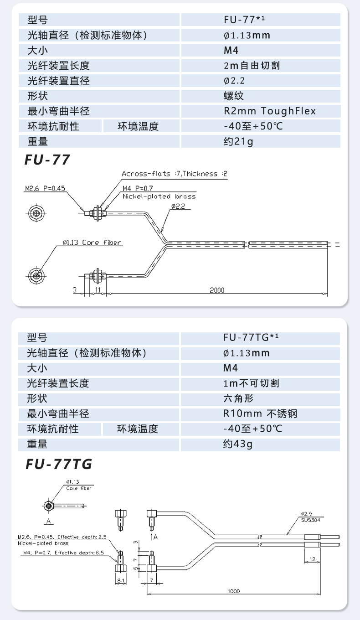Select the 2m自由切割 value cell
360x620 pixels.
[252, 66]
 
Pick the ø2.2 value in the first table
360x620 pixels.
[235, 81]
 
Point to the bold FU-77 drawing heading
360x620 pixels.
[48, 160]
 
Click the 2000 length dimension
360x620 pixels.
[217, 290]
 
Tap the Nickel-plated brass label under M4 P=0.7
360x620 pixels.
[159, 196]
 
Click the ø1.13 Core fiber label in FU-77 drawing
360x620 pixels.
[92, 243]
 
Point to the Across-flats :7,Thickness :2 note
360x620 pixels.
[174, 174]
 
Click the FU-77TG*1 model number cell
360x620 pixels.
[251, 338]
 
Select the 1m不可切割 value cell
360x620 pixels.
[251, 383]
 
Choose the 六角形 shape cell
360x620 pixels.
[238, 398]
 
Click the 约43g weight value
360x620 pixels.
[238, 444]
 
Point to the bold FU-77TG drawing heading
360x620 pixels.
[59, 465]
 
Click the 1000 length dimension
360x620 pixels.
[233, 591]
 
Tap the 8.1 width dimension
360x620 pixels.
[120, 580]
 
